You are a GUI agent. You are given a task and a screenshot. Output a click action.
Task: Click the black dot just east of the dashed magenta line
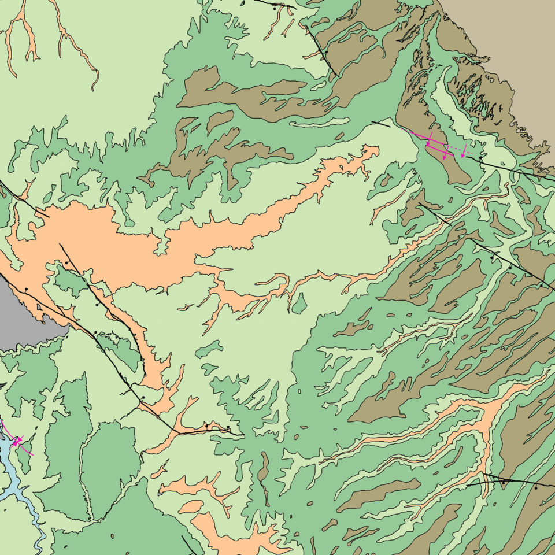[x=480, y=157]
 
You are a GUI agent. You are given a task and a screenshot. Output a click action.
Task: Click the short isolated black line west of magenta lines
[x=380, y=123]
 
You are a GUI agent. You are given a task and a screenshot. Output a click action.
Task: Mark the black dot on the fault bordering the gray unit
[x=26, y=288]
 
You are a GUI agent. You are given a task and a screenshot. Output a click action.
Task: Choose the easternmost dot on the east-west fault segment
[x=228, y=427]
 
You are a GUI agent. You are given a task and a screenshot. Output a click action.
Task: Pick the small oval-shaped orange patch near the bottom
[x=190, y=507]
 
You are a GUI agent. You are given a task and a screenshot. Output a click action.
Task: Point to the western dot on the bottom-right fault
[x=504, y=481]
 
